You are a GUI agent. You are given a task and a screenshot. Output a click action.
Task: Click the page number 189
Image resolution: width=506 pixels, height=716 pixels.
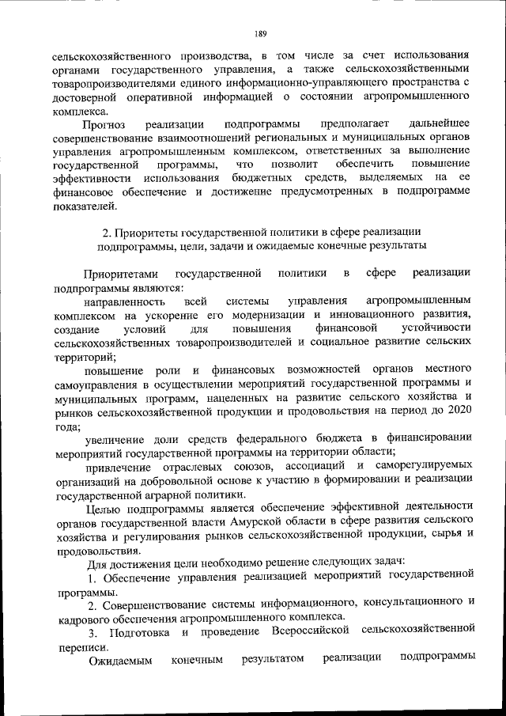[260, 33]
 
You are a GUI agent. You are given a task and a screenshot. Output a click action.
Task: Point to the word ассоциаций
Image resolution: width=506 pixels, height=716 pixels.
[312, 466]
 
